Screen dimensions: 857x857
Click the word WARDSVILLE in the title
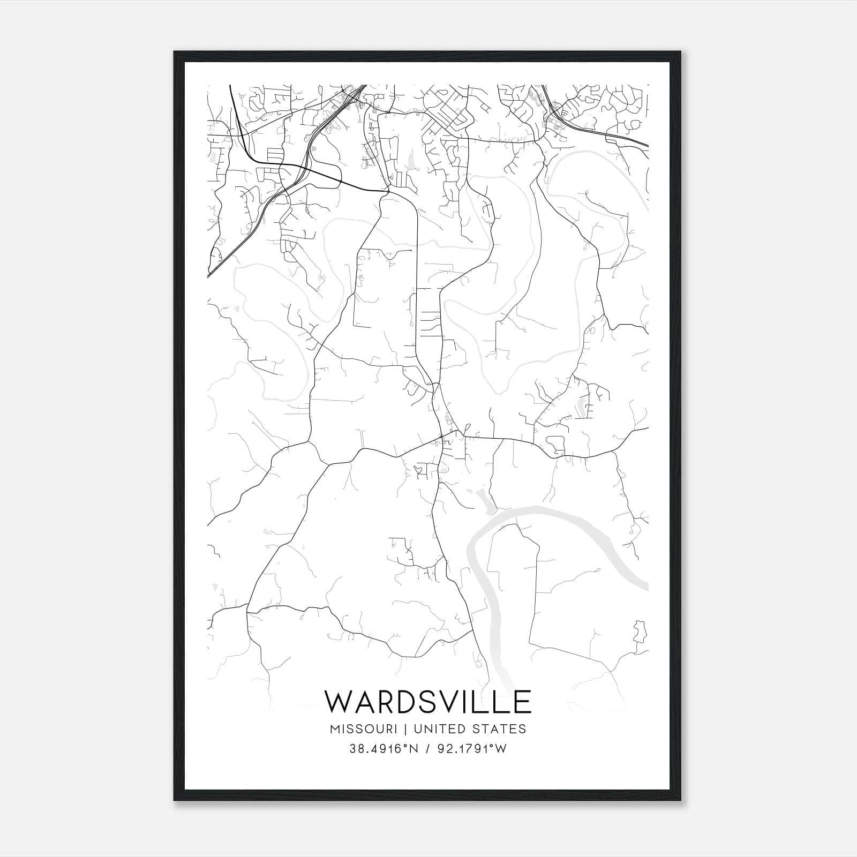(x=428, y=702)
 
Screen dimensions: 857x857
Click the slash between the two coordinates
(x=428, y=749)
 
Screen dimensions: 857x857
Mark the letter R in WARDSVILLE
(x=385, y=702)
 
